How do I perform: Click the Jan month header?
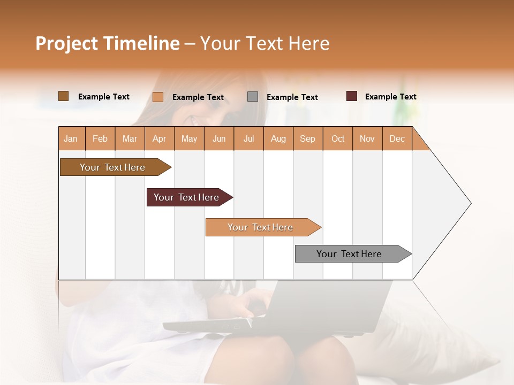click(x=71, y=139)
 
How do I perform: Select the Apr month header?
click(x=160, y=139)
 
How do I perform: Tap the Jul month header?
click(x=248, y=139)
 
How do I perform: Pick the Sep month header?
click(x=307, y=139)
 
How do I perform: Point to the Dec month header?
click(x=397, y=139)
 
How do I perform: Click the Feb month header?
click(x=100, y=139)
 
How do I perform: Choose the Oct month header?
click(x=338, y=139)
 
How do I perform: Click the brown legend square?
click(x=64, y=96)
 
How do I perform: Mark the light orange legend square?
click(x=158, y=97)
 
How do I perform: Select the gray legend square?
click(x=253, y=97)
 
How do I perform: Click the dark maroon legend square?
click(x=352, y=96)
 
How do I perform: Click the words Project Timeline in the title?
click(x=108, y=43)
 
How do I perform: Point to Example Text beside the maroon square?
click(x=390, y=97)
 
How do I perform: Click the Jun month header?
click(x=219, y=139)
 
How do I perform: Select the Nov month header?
click(x=367, y=139)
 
